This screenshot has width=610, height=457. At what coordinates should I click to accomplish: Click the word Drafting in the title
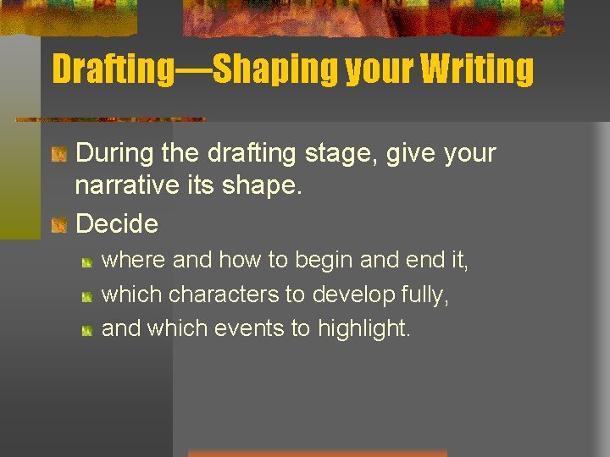point(111,69)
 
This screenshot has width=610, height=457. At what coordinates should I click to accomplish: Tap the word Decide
point(117,223)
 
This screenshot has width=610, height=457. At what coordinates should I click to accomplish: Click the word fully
point(425,295)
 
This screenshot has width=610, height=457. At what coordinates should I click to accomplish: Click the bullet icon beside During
point(59,154)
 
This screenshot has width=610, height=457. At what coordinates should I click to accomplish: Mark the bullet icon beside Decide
point(59,224)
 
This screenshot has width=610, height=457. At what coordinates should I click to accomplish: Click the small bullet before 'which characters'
point(87,296)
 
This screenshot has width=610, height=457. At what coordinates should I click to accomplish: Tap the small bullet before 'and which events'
point(87,330)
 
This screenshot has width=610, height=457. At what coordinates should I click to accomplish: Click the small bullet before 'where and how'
point(87,262)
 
